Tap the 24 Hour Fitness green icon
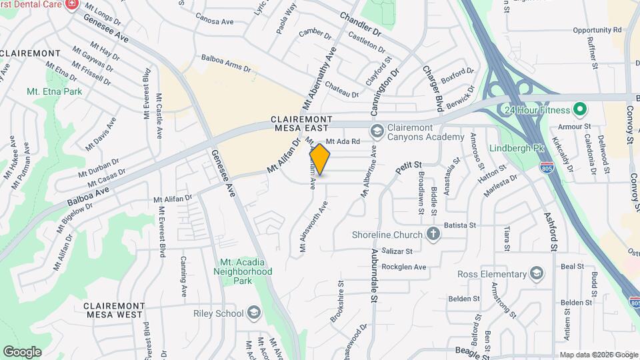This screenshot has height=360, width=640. click(x=579, y=109)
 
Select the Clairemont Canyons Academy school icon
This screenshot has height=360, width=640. click(x=376, y=130)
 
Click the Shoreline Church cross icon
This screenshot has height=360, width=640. click(x=433, y=234)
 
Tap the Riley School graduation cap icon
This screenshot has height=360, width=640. click(x=253, y=313)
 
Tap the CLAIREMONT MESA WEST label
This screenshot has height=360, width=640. click(x=113, y=309)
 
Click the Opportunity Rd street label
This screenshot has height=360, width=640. click(x=597, y=30)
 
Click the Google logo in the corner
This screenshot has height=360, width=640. click(x=22, y=351)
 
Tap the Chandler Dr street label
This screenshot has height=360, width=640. click(x=360, y=24)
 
